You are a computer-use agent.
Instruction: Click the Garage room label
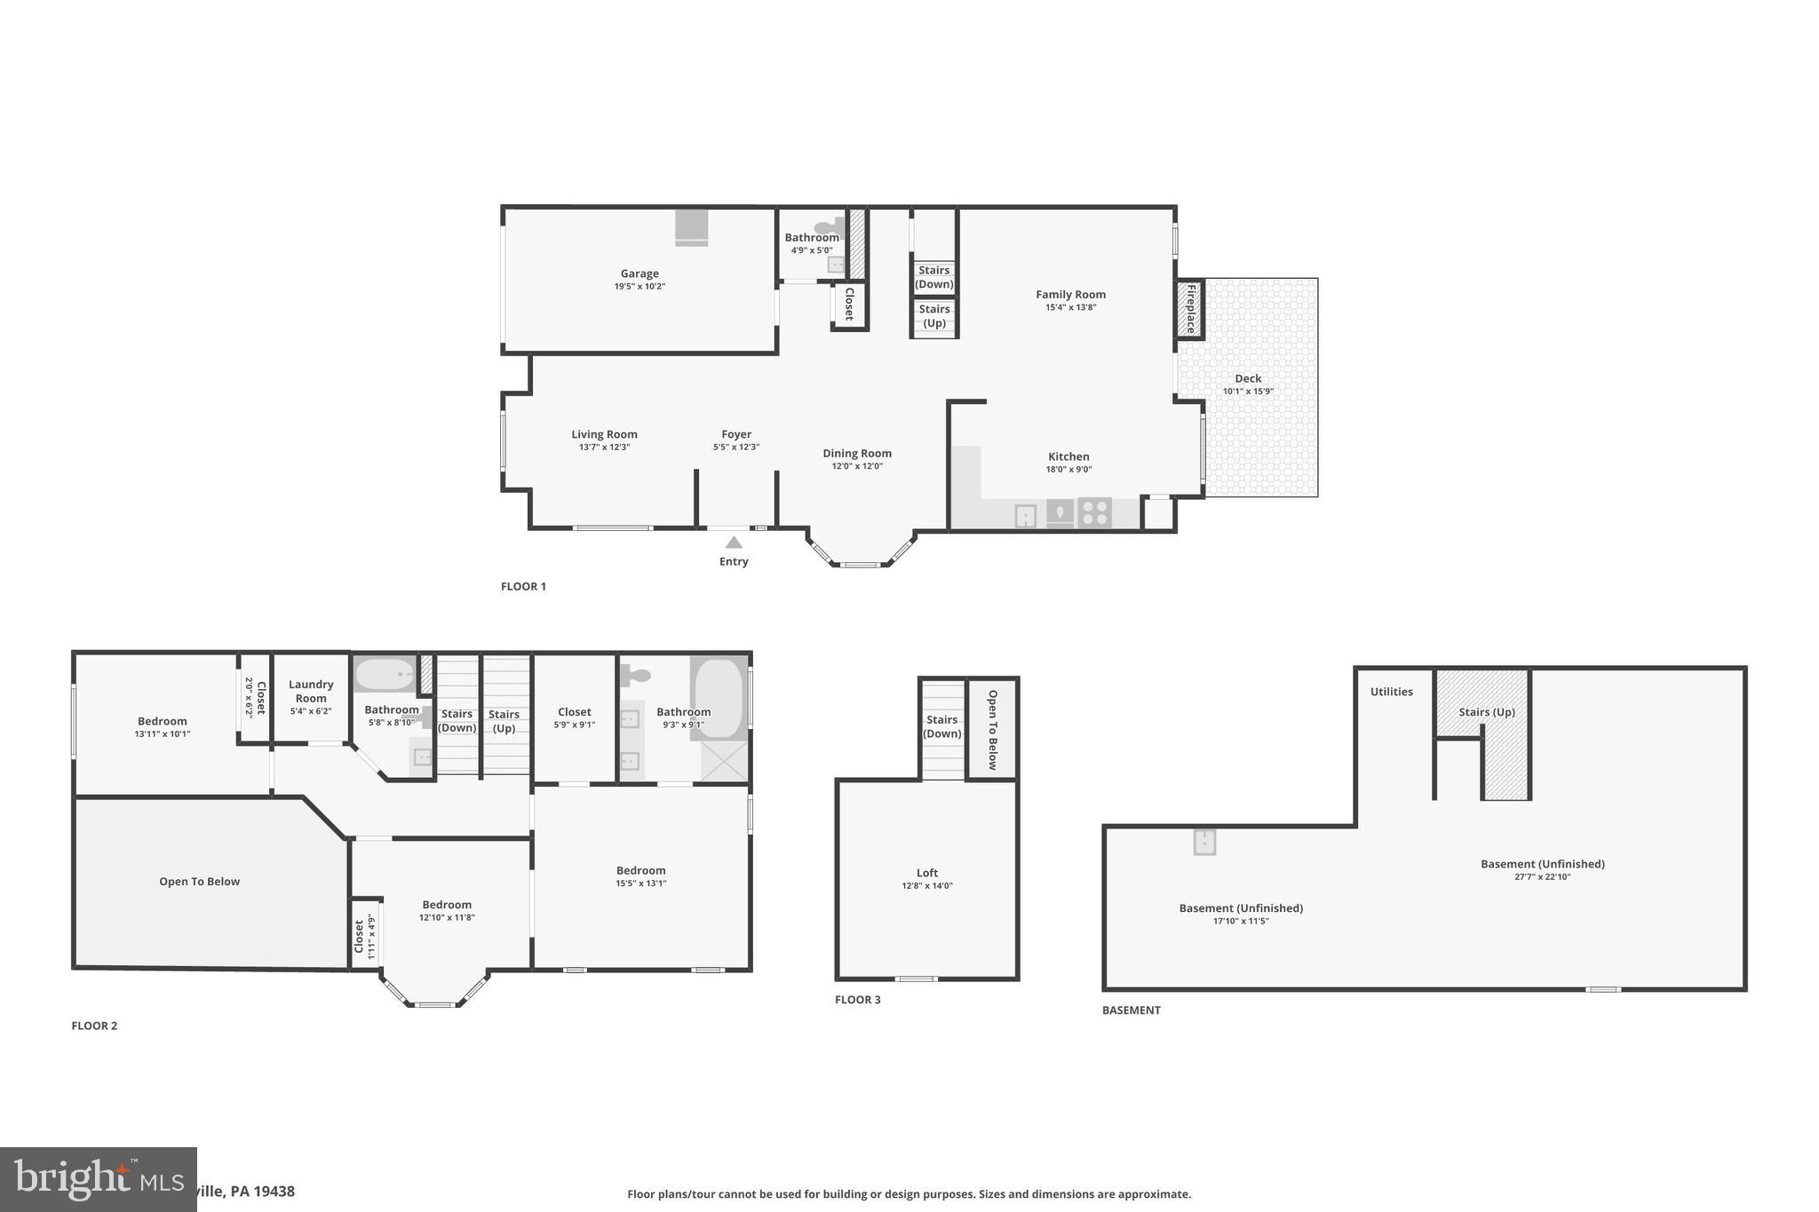pyautogui.click(x=639, y=274)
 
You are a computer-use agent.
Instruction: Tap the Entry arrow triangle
pyautogui.click(x=734, y=543)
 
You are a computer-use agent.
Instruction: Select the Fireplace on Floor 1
pyautogui.click(x=1190, y=309)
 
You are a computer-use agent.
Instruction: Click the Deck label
pyautogui.click(x=1248, y=379)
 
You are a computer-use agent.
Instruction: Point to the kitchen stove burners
pyautogui.click(x=1094, y=513)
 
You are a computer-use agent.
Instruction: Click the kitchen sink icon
pyautogui.click(x=1026, y=515)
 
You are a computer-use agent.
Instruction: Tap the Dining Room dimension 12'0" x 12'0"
pyautogui.click(x=857, y=466)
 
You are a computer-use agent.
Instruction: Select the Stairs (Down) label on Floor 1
pyautogui.click(x=934, y=277)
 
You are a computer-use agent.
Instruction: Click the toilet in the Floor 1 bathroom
pyautogui.click(x=829, y=227)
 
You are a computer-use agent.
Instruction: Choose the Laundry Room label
pyautogui.click(x=311, y=691)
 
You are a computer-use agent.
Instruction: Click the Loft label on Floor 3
pyautogui.click(x=927, y=873)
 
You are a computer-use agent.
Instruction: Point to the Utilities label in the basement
pyautogui.click(x=1391, y=692)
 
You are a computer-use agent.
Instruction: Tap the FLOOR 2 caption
pyautogui.click(x=94, y=1026)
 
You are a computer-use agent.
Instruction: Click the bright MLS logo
pyautogui.click(x=98, y=1179)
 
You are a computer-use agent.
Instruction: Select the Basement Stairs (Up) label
pyautogui.click(x=1487, y=712)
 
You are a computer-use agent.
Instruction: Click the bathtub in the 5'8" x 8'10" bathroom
pyautogui.click(x=385, y=674)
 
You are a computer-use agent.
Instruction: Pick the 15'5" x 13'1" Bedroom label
pyautogui.click(x=641, y=871)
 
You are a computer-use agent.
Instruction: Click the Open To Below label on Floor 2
pyautogui.click(x=200, y=882)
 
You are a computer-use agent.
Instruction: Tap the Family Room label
pyautogui.click(x=1070, y=295)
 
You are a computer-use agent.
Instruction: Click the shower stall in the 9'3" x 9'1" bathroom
pyautogui.click(x=725, y=761)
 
